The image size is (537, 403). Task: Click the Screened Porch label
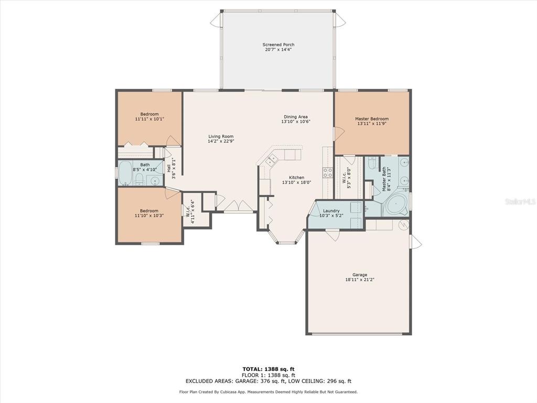point(278,45)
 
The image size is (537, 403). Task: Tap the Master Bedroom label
point(372,119)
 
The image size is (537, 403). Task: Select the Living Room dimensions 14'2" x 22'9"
point(221,141)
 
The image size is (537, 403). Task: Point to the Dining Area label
point(296,117)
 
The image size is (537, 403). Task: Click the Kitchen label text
point(297,177)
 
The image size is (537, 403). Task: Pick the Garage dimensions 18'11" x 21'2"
point(360,280)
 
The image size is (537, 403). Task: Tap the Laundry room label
point(331,211)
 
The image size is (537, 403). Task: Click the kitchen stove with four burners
point(328,172)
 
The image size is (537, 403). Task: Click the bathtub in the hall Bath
point(125,173)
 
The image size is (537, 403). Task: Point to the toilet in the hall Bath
point(139,179)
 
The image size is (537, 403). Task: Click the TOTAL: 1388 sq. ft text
point(268,369)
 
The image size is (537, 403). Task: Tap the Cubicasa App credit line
point(268,391)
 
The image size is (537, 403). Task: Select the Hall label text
point(169,168)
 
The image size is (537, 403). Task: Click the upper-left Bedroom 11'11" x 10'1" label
point(149,116)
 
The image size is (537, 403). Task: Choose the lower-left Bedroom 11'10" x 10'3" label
point(149,213)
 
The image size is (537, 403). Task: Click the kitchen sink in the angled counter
point(272,161)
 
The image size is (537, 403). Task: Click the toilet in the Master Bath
point(372,164)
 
